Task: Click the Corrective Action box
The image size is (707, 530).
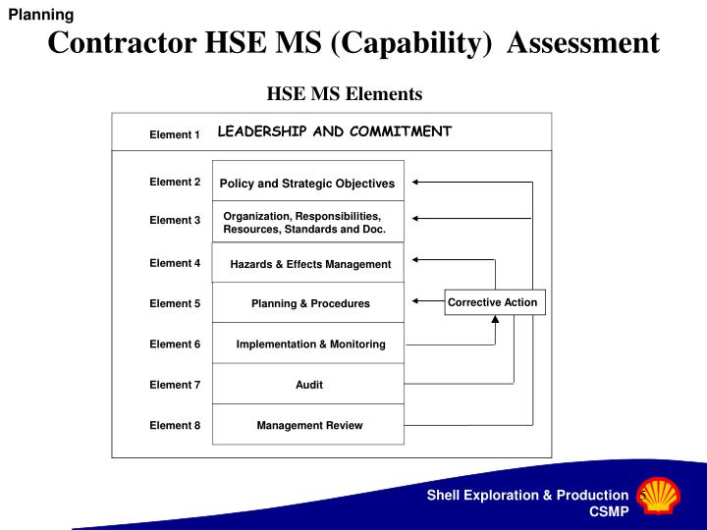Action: [x=494, y=302]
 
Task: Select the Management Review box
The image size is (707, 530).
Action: [x=308, y=425]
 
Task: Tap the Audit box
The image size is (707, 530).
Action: [x=308, y=385]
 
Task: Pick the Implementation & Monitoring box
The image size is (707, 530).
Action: [x=308, y=344]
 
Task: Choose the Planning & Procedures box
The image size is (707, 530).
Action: [x=308, y=303]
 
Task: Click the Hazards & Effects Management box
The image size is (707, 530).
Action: [x=308, y=263]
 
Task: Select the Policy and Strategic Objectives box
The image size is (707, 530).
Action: [x=307, y=184]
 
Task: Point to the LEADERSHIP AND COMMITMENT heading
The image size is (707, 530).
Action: [x=334, y=132]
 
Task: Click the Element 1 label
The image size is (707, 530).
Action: [x=175, y=134]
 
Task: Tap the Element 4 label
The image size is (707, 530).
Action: [x=175, y=263]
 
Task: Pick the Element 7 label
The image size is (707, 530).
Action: [x=175, y=385]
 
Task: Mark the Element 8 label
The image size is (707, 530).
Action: [x=175, y=425]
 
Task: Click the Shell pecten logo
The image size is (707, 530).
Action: [x=654, y=499]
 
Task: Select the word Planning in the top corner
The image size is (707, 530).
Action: [x=41, y=14]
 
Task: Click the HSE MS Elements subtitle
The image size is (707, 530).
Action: [x=345, y=94]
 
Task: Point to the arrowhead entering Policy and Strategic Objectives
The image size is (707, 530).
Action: [x=416, y=182]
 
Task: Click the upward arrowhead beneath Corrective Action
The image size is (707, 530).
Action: [x=495, y=340]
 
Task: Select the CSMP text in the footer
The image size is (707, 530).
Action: [x=609, y=511]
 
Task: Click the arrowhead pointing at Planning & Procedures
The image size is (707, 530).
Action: [x=416, y=301]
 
